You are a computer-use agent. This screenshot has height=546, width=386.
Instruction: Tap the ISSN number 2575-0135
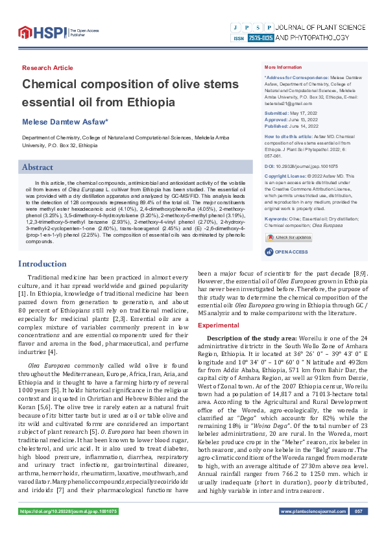click(x=260, y=39)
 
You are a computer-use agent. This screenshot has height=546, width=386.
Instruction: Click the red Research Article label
click(x=47, y=67)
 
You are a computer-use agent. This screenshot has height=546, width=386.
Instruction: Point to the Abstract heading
click(x=38, y=167)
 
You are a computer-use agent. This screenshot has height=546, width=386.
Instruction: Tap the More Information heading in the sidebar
click(x=283, y=67)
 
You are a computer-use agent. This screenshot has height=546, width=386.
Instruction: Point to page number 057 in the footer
click(x=357, y=530)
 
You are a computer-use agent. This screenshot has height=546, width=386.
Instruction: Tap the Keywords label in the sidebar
click(x=277, y=201)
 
